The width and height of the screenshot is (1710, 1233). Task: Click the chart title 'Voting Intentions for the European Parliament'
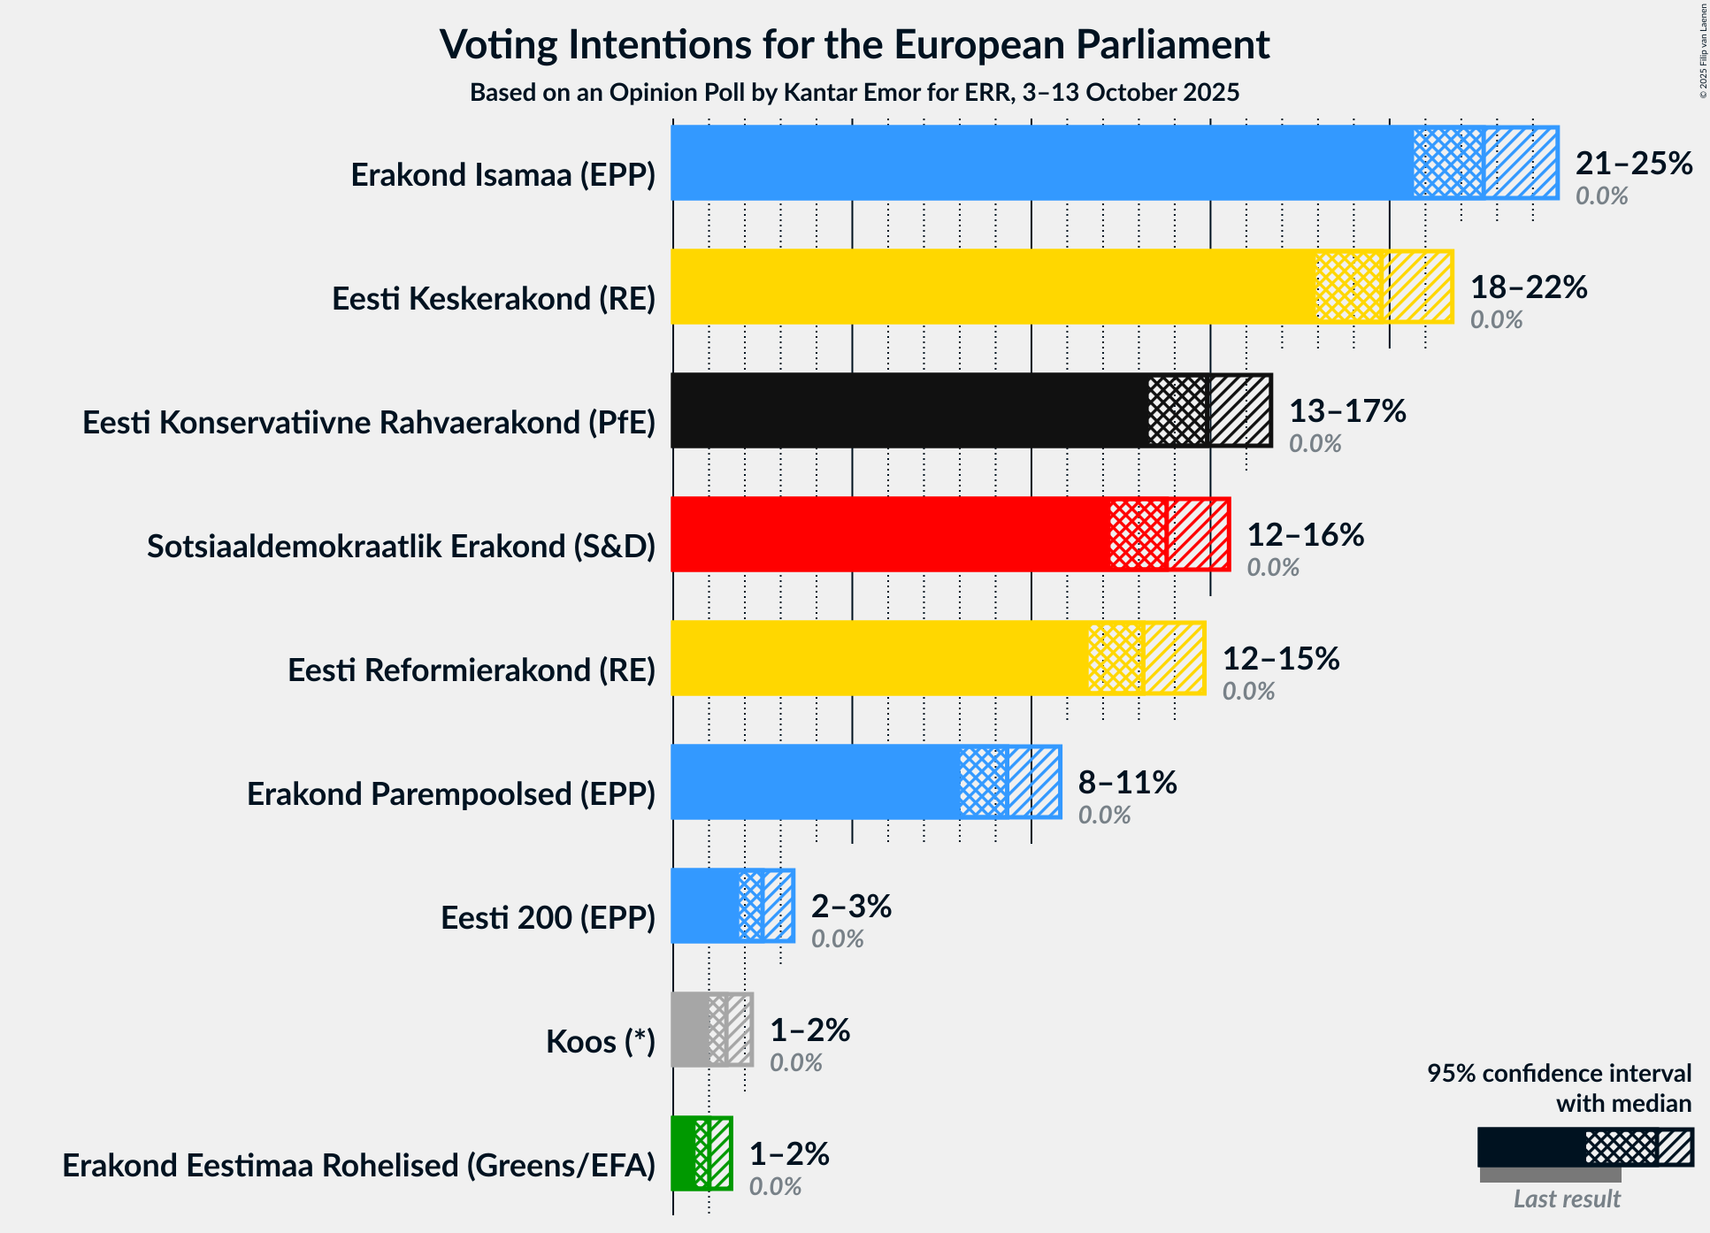[855, 45]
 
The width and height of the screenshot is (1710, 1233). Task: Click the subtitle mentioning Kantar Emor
[855, 93]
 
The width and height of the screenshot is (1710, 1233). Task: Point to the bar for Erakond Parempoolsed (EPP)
[815, 782]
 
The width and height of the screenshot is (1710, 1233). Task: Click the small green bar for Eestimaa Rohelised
[684, 1153]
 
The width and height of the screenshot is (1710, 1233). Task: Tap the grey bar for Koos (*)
[690, 1030]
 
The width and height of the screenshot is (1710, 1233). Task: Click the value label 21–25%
[1633, 164]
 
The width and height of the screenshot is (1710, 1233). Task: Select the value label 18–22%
[1528, 287]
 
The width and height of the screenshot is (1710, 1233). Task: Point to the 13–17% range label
[1346, 411]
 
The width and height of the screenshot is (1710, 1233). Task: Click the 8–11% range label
[1126, 783]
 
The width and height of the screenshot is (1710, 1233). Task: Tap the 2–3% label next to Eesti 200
[850, 907]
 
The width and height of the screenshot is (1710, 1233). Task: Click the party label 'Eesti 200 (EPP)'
[548, 918]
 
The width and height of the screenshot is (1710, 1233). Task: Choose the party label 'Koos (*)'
[600, 1042]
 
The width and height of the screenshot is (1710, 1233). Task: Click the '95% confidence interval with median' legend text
[1558, 1088]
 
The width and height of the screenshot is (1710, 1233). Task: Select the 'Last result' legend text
[1566, 1199]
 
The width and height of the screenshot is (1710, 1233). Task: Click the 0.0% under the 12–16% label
[1272, 568]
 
